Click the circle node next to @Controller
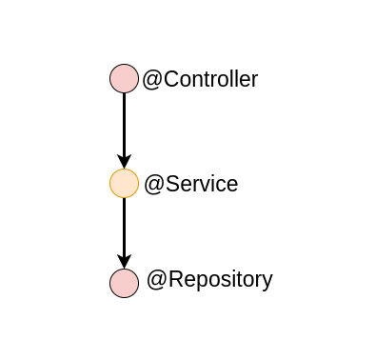[x=125, y=79]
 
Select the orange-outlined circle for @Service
[x=125, y=183]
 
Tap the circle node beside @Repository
[x=125, y=283]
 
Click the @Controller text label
[x=200, y=80]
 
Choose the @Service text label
[x=190, y=184]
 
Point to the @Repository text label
[x=209, y=280]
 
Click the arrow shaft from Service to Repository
[x=125, y=225]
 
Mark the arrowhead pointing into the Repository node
[x=125, y=261]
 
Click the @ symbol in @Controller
[x=151, y=80]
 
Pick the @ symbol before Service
[x=153, y=184]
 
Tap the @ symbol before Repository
[x=156, y=280]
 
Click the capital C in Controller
[x=169, y=80]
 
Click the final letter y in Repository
[x=267, y=282]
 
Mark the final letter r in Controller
[x=254, y=80]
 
